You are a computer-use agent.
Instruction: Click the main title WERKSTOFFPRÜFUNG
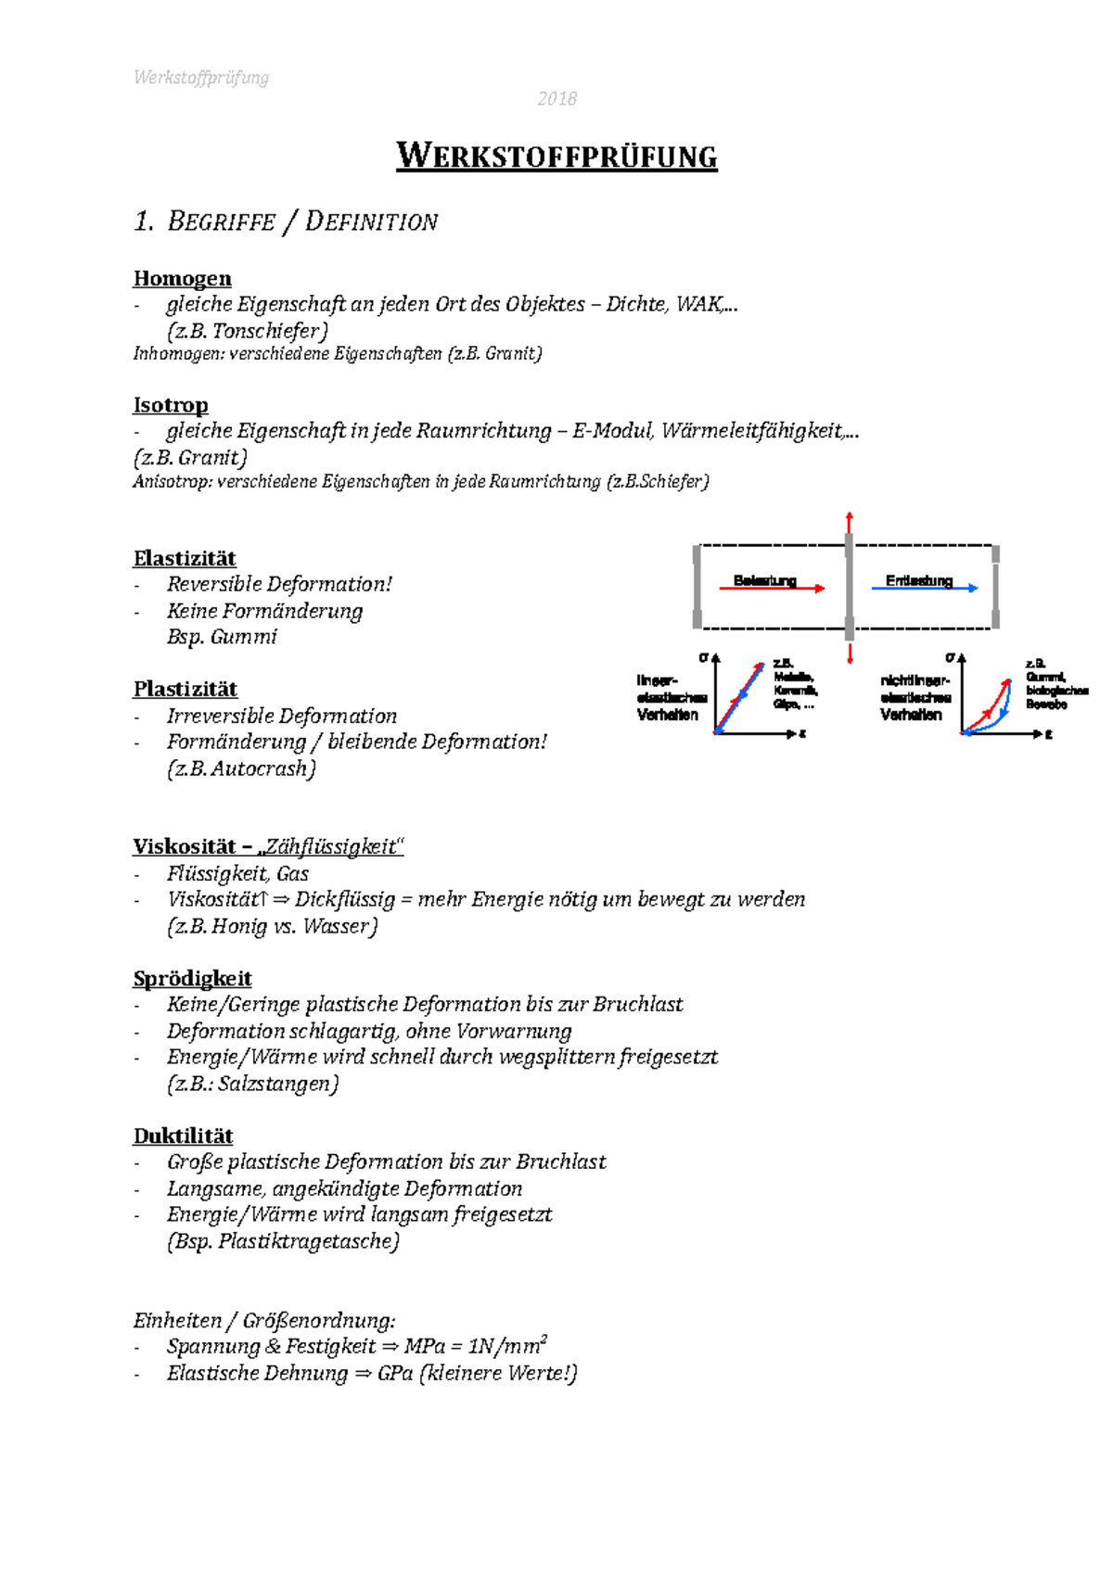[x=556, y=156]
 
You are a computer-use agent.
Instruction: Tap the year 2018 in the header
[x=556, y=99]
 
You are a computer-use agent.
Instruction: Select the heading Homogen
[x=182, y=278]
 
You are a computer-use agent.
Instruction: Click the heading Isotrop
[x=171, y=405]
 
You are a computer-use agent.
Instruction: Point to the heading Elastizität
[x=185, y=558]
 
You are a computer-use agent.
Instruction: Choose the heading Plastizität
[x=185, y=689]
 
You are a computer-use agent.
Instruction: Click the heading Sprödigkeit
[x=192, y=978]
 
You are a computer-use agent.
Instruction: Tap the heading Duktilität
[x=183, y=1136]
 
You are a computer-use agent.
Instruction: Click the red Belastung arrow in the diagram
[x=772, y=588]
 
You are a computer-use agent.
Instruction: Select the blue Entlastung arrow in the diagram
[x=925, y=587]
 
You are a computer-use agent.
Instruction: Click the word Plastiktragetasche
[x=307, y=1241]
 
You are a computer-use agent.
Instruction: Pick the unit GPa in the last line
[x=394, y=1373]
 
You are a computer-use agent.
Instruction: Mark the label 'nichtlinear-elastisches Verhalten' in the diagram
[x=915, y=697]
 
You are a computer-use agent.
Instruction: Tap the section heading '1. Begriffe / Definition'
[x=286, y=222]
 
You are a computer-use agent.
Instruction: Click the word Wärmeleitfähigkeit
[x=751, y=431]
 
